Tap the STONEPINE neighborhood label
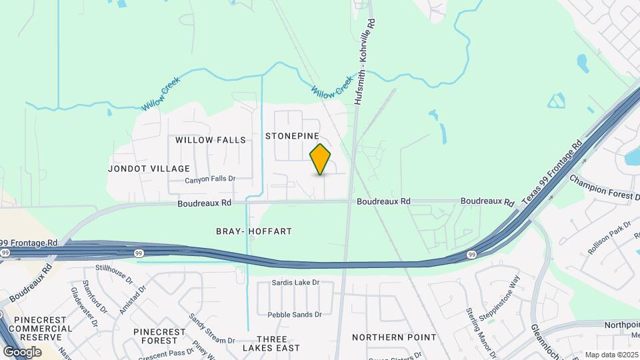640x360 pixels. pos(297,135)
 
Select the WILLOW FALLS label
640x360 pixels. pos(211,140)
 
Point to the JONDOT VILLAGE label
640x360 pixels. pos(149,169)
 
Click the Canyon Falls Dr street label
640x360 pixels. pos(211,179)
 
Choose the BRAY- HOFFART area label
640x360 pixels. pos(254,231)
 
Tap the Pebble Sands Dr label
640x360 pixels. pos(295,315)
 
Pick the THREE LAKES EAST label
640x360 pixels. pos(271,343)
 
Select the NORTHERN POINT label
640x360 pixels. pos(394,337)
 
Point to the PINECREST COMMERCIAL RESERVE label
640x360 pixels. pos(41,328)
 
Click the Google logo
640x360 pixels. pos(22,352)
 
